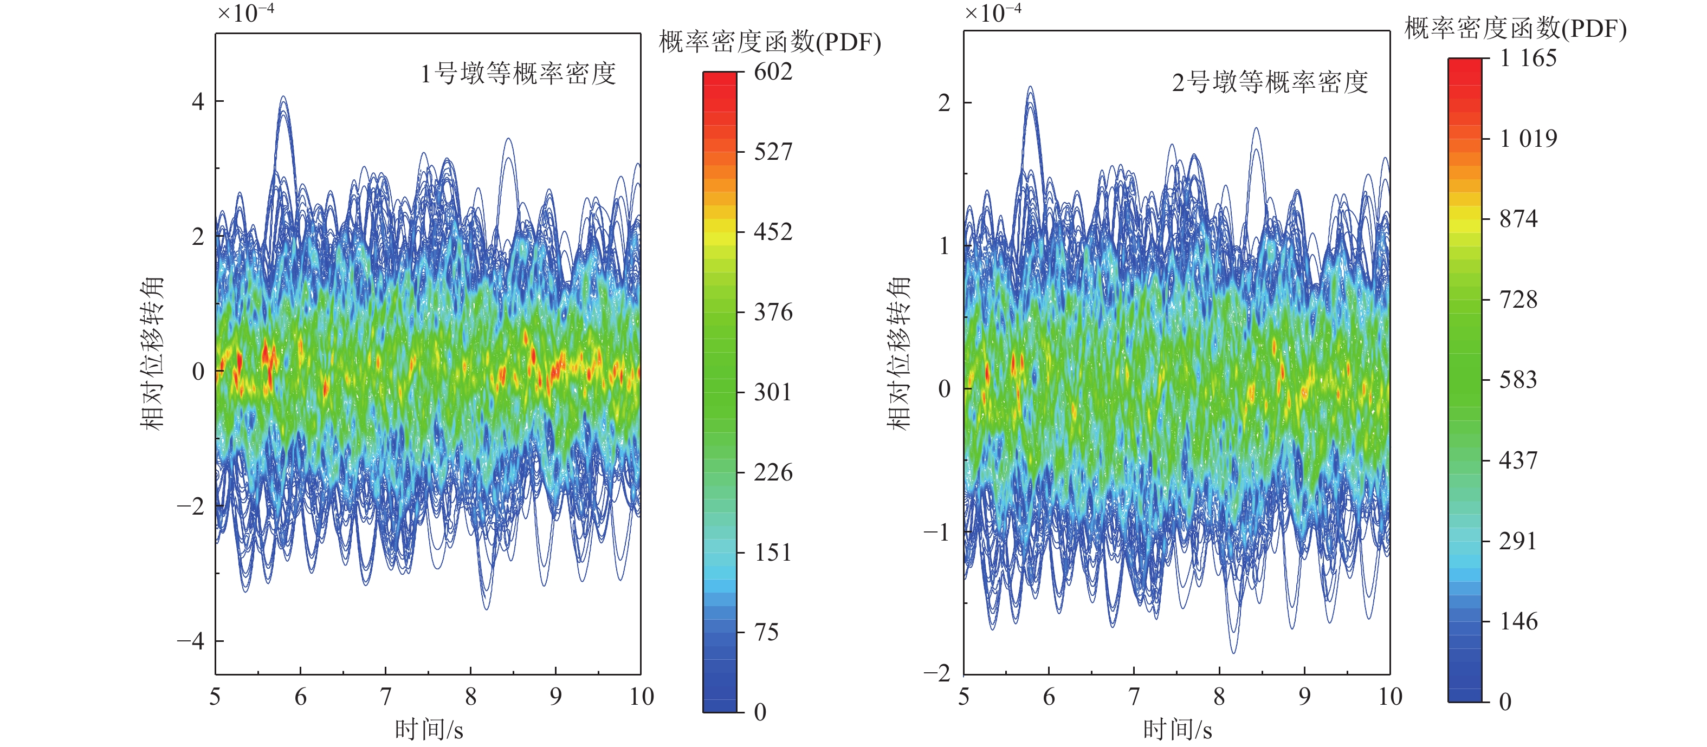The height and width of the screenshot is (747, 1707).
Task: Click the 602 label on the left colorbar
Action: (x=773, y=72)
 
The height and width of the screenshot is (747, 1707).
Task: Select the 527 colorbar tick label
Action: (x=773, y=152)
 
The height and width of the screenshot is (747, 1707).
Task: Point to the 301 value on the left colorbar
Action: (x=773, y=392)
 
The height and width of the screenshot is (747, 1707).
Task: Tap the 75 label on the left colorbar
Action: (x=767, y=633)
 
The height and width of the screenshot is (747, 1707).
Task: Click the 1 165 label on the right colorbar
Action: (x=1528, y=59)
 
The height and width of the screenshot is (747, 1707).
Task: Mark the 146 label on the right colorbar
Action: (x=1518, y=622)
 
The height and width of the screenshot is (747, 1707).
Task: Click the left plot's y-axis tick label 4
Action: (x=197, y=102)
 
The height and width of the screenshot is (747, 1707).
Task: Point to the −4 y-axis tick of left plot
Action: (x=191, y=641)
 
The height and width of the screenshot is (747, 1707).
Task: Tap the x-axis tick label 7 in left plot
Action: (x=385, y=697)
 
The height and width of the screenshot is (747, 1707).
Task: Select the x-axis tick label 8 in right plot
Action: (x=1219, y=697)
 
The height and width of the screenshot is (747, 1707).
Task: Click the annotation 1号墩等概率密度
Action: (x=518, y=74)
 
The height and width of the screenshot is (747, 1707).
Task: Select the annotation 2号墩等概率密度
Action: (x=1270, y=83)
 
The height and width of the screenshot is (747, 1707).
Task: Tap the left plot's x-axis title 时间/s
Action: (x=429, y=730)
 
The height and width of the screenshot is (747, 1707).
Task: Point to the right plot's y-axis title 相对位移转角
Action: (x=898, y=353)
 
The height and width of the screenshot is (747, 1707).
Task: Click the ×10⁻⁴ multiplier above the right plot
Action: (x=992, y=13)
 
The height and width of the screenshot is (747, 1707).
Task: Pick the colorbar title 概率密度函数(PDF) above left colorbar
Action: (x=770, y=42)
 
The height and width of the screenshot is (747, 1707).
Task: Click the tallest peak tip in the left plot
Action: (x=283, y=98)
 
